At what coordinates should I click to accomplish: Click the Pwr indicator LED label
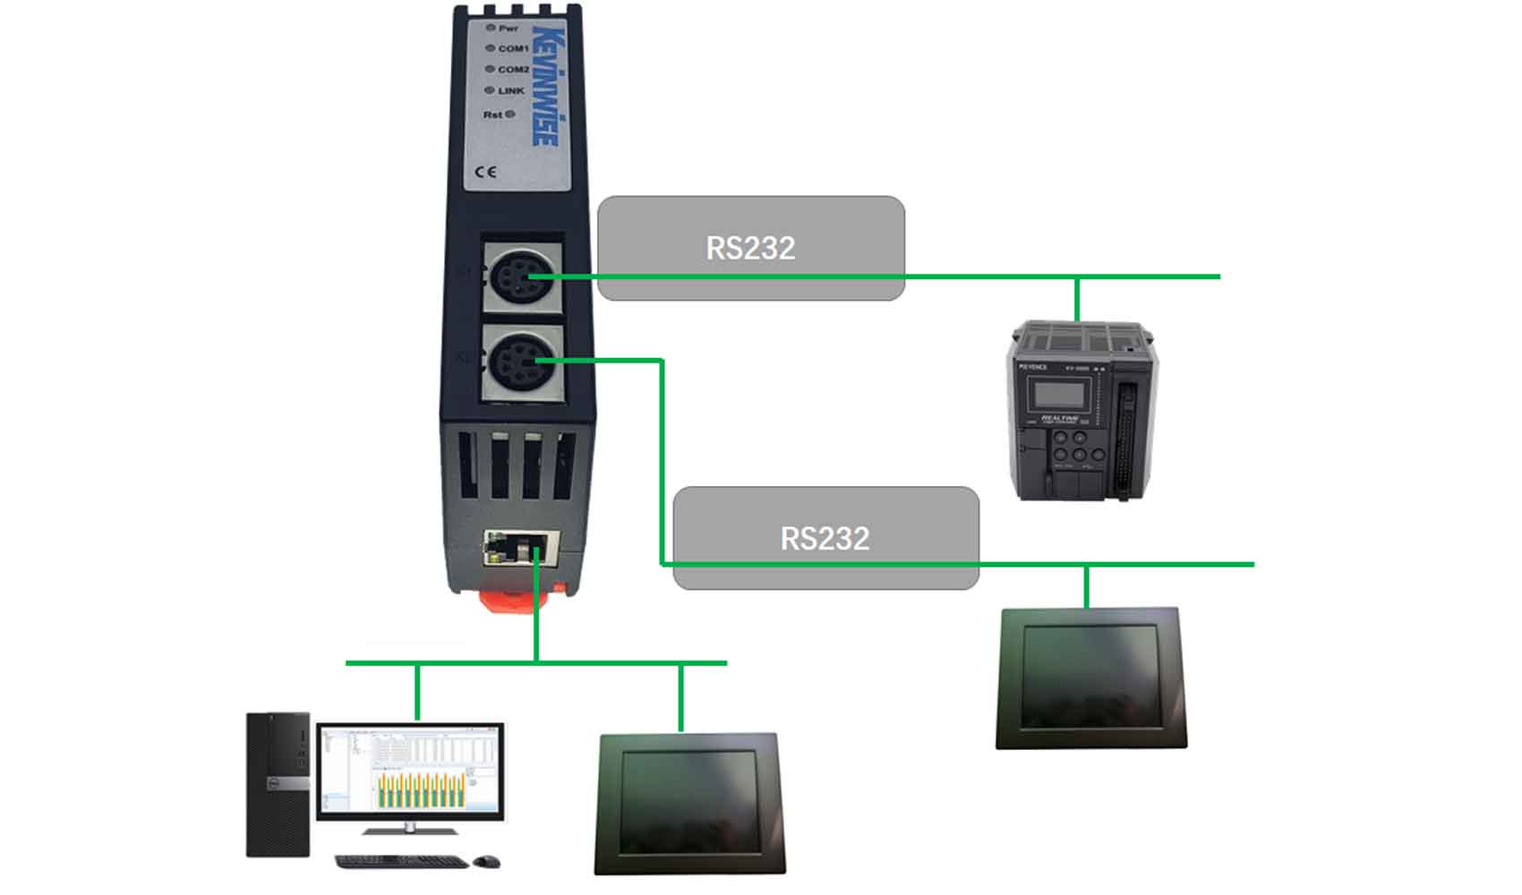tap(508, 29)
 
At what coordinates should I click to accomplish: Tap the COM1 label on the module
tap(512, 48)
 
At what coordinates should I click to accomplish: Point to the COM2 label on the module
tap(513, 69)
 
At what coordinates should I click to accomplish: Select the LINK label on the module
tap(510, 90)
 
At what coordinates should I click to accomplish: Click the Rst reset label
tap(493, 115)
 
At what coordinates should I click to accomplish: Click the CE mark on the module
tap(486, 172)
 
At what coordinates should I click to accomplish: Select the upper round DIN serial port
tap(522, 277)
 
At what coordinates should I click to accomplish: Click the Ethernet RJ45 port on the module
tap(521, 547)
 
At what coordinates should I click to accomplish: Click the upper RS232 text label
tap(750, 248)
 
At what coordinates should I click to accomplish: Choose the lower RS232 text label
tap(825, 538)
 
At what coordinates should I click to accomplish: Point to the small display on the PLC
tap(1059, 394)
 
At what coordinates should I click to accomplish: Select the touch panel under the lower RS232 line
tap(1090, 678)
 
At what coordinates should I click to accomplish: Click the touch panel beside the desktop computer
tap(688, 803)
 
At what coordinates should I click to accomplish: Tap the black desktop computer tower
tap(278, 784)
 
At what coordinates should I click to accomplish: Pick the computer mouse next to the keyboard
tap(486, 861)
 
